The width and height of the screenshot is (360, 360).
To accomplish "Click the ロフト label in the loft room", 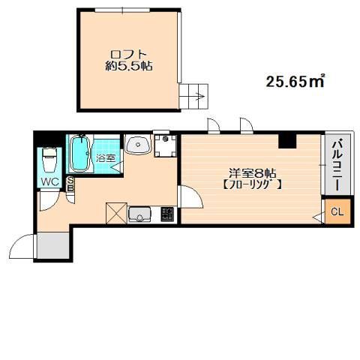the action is point(128,54).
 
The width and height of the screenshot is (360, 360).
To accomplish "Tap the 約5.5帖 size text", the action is point(128,66).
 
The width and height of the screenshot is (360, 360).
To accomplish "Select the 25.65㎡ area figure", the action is point(295,81).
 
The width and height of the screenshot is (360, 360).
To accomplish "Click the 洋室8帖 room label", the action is point(253,173).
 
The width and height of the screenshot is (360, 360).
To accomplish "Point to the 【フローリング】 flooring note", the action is point(253,185).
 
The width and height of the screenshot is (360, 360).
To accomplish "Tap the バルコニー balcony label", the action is point(337,165).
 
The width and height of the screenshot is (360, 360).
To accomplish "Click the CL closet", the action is point(337,211).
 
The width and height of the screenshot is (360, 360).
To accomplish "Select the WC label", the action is point(49,182).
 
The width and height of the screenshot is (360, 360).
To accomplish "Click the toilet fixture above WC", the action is point(49,160).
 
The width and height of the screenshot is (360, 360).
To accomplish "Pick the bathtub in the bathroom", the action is point(80,154).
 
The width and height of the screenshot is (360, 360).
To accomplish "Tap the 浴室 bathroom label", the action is point(106,158).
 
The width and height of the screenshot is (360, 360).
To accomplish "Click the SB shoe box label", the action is point(70,184).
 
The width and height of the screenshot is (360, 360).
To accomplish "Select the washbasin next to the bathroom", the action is point(138,144).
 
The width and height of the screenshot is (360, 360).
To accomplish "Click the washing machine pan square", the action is point(165,145).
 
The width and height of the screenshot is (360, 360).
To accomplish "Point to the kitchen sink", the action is point(139,214).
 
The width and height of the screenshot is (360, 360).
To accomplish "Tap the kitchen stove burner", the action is point(167,214).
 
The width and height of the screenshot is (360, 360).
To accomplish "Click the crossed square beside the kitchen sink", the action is point(116,213).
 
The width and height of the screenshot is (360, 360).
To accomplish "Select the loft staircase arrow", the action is point(202,96).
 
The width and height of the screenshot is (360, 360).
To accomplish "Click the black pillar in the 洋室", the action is point(287,141).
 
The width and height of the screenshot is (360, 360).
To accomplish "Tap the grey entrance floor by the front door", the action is point(53,245).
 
